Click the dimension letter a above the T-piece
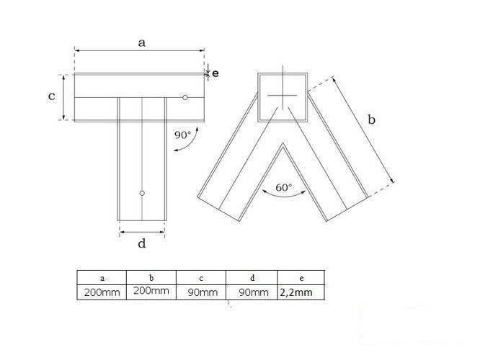pyautogui.click(x=142, y=43)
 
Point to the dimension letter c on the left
pyautogui.click(x=51, y=96)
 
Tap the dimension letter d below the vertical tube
pyautogui.click(x=142, y=243)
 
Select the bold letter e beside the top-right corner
pyautogui.click(x=215, y=72)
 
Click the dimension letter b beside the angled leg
pyautogui.click(x=371, y=121)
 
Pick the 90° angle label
pyautogui.click(x=183, y=134)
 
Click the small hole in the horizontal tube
pyautogui.click(x=185, y=97)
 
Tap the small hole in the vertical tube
pyautogui.click(x=142, y=193)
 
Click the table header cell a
pyautogui.click(x=102, y=277)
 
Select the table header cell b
pyautogui.click(x=151, y=277)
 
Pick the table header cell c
pyautogui.click(x=200, y=277)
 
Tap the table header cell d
pyautogui.click(x=250, y=277)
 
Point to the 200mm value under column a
pyautogui.click(x=102, y=292)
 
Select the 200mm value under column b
pyautogui.click(x=151, y=292)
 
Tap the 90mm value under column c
pyautogui.click(x=200, y=292)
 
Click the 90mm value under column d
pyautogui.click(x=251, y=292)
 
